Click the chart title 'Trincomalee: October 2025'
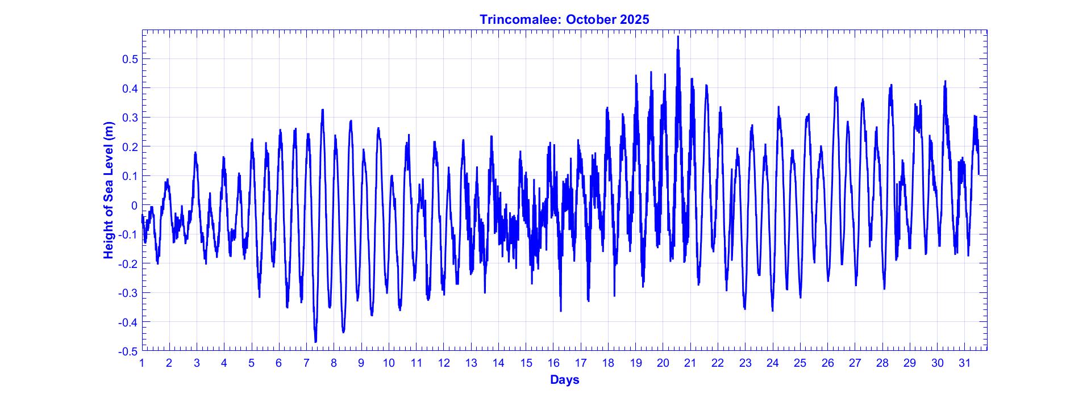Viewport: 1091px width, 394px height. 564,19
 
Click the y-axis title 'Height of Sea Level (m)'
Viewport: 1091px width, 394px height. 109,190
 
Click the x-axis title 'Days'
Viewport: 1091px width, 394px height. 564,380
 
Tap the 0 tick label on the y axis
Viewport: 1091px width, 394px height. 134,205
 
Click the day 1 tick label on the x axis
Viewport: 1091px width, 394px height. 142,363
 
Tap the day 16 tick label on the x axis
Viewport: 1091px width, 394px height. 553,363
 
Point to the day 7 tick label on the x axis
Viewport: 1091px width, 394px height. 306,363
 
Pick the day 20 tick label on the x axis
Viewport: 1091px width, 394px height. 663,363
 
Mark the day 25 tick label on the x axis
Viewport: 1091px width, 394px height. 800,363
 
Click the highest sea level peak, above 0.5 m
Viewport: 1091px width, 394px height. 678,37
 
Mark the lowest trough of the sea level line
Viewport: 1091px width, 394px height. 315,341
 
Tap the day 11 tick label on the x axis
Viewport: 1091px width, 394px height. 417,363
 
